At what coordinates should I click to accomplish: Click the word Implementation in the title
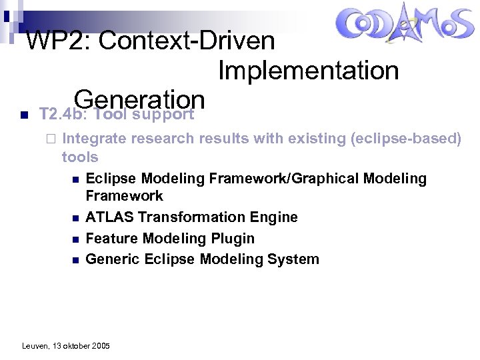pyautogui.click(x=308, y=70)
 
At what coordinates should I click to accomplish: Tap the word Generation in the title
pyautogui.click(x=139, y=99)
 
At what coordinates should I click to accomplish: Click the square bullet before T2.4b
pyautogui.click(x=23, y=115)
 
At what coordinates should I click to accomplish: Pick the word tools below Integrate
pyautogui.click(x=80, y=157)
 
